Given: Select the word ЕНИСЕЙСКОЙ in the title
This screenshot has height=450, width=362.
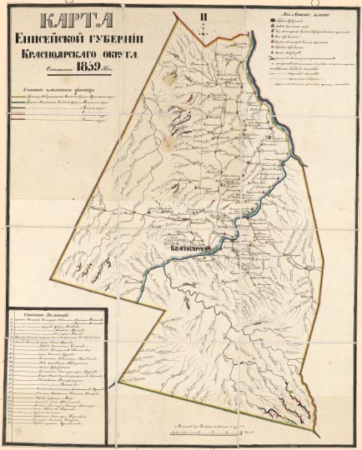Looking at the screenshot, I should coord(49,38).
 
